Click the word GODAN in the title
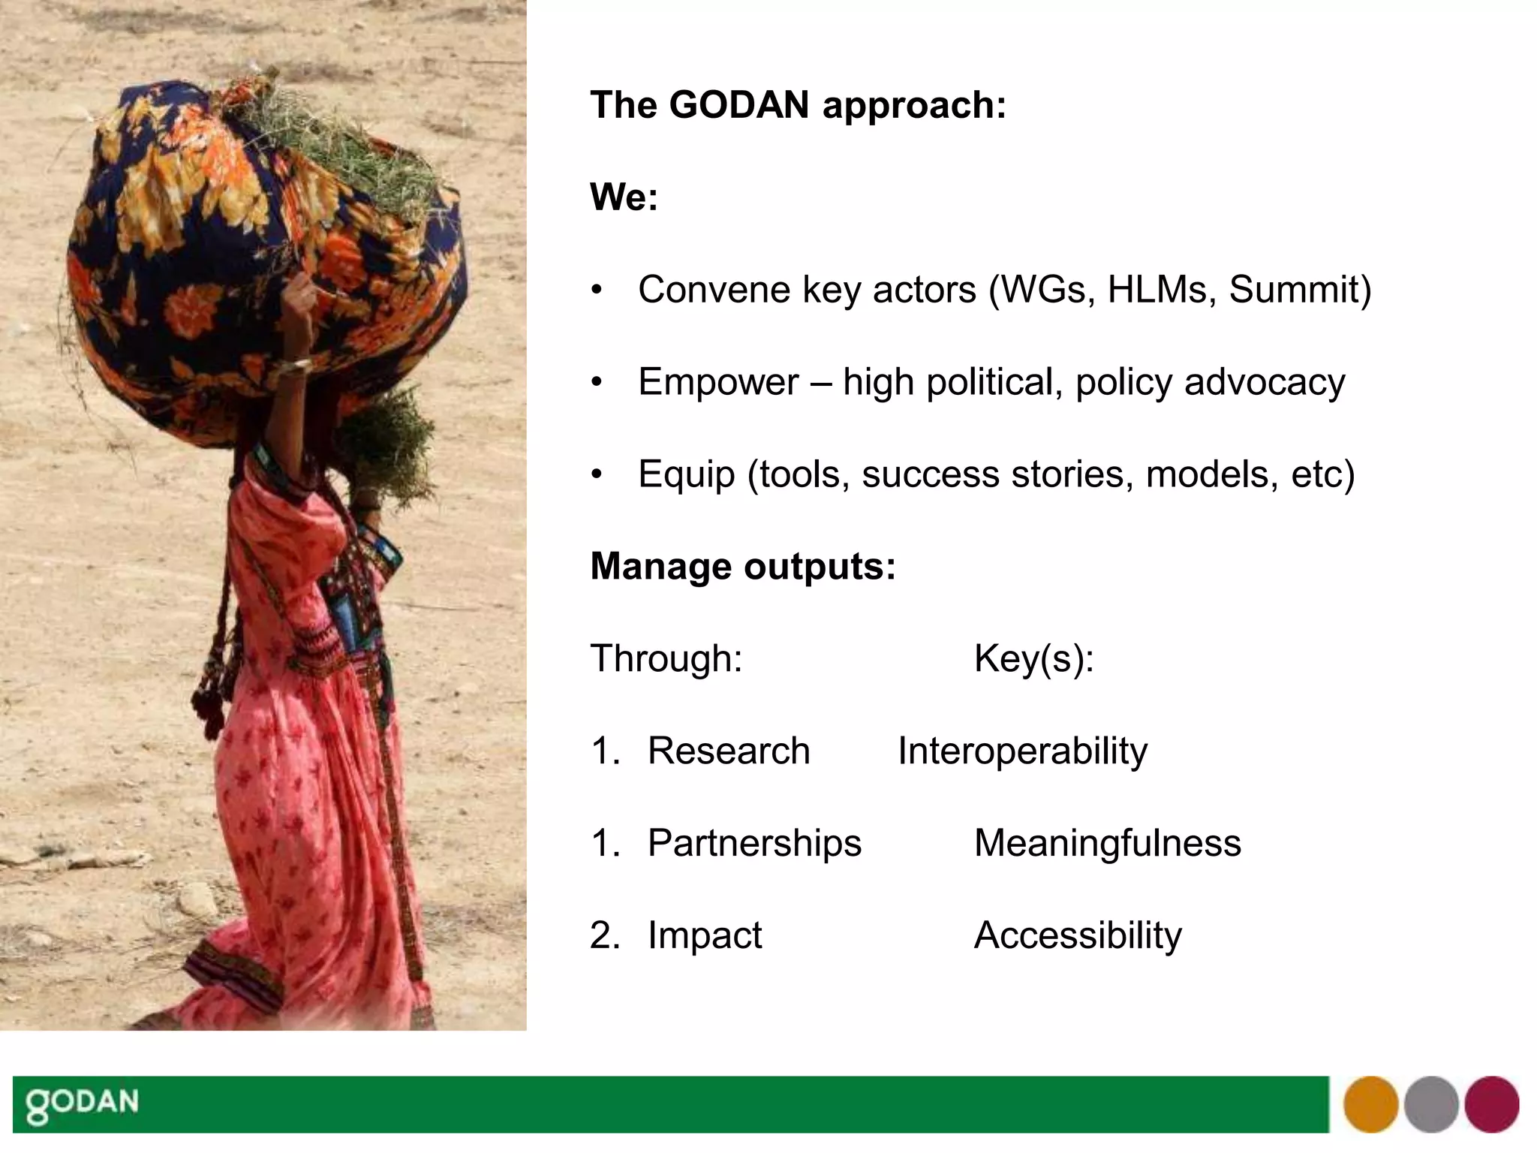click(738, 104)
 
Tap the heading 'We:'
click(624, 197)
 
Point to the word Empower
click(717, 382)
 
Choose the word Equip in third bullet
click(685, 474)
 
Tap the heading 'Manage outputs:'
click(743, 566)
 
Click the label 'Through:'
click(666, 658)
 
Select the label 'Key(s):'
click(1033, 658)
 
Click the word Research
click(728, 751)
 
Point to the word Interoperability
click(1022, 751)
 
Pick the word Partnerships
click(753, 843)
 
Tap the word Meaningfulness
click(1107, 843)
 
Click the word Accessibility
click(1077, 935)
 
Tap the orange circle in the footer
click(1370, 1104)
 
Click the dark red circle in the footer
click(1491, 1104)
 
